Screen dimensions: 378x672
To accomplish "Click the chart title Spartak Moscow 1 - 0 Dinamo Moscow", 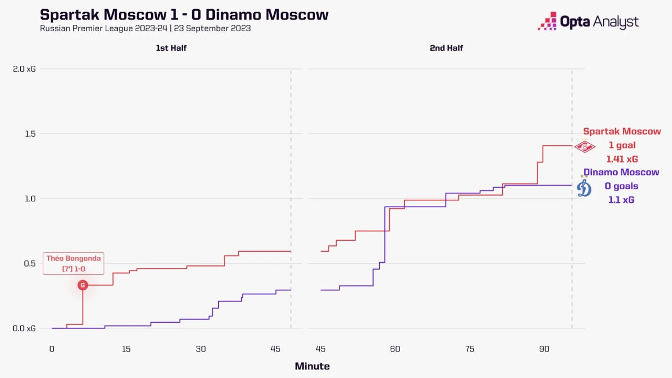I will (x=184, y=14).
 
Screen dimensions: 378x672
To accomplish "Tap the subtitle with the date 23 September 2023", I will (x=145, y=29).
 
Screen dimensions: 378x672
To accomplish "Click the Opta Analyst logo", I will (x=588, y=22).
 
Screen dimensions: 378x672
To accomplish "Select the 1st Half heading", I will (x=171, y=48).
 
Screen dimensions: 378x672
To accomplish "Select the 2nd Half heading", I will (x=446, y=48).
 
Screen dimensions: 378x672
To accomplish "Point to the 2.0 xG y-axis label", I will (x=24, y=69).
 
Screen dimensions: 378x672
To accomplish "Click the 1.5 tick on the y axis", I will (x=30, y=134).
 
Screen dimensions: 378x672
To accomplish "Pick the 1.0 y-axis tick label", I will (x=30, y=199).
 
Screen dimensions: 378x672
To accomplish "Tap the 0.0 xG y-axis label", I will (x=24, y=328).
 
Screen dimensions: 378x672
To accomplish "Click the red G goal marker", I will (x=83, y=285).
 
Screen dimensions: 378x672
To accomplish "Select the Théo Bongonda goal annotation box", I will (x=74, y=263).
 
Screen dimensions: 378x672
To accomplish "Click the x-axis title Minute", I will (x=312, y=366).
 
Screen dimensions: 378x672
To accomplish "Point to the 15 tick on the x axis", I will (x=126, y=349).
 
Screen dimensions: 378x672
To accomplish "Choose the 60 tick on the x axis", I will (x=395, y=349).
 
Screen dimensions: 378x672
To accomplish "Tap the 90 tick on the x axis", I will (x=544, y=349).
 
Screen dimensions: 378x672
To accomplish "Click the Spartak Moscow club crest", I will (x=585, y=146).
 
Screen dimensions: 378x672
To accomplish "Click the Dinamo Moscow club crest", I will (x=584, y=187).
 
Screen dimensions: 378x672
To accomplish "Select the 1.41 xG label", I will (x=622, y=159).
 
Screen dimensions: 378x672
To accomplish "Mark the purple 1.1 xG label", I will (x=621, y=200).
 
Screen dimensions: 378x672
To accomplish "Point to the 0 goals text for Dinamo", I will (x=621, y=186).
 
